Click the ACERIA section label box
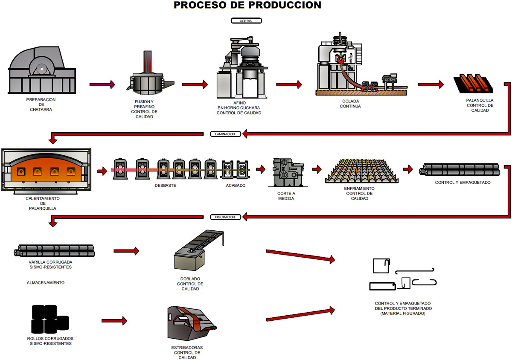(x=246, y=21)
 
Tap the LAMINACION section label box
(x=225, y=134)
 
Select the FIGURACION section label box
(x=225, y=217)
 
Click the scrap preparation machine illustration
(x=42, y=70)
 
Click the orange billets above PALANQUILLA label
(x=473, y=83)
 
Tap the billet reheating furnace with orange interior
(x=46, y=171)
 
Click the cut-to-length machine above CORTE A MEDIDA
(x=288, y=173)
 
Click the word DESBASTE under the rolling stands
(x=165, y=186)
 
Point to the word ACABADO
(x=236, y=186)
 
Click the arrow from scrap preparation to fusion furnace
(x=102, y=84)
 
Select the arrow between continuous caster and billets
(x=431, y=84)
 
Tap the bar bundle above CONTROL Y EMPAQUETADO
(x=460, y=169)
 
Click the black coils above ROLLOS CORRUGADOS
(x=50, y=319)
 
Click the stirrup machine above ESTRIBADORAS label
(x=192, y=323)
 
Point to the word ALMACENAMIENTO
(x=46, y=282)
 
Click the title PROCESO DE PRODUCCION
(x=247, y=5)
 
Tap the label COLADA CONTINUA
(x=350, y=104)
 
